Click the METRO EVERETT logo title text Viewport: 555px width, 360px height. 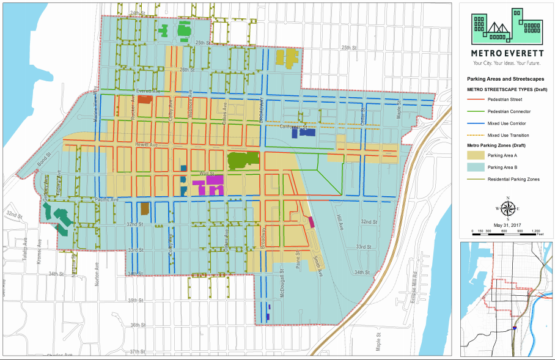507,53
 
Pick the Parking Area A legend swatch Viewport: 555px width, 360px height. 473,155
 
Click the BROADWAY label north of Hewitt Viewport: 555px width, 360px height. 260,110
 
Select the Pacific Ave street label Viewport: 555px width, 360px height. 107,200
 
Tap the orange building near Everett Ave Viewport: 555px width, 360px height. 145,100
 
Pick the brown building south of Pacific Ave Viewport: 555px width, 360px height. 145,208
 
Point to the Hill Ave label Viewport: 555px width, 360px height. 339,226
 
